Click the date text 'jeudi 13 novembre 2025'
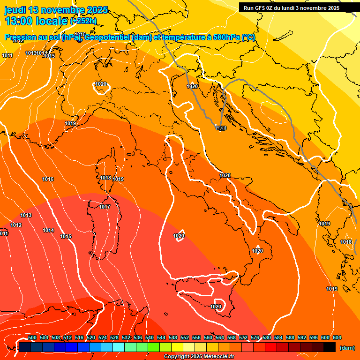[56, 10]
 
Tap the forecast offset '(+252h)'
[83, 21]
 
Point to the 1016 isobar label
[48, 180]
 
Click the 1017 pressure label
[105, 207]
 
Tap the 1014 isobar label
[48, 230]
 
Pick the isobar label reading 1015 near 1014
[66, 236]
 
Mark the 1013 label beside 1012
[26, 215]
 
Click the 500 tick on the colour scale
[33, 337]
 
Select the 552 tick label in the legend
[185, 337]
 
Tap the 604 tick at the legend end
[337, 337]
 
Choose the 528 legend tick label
[114, 337]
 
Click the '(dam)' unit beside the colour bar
[347, 347]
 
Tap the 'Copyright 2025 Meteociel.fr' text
[199, 356]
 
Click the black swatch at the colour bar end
[330, 347]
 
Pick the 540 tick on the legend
[150, 337]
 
